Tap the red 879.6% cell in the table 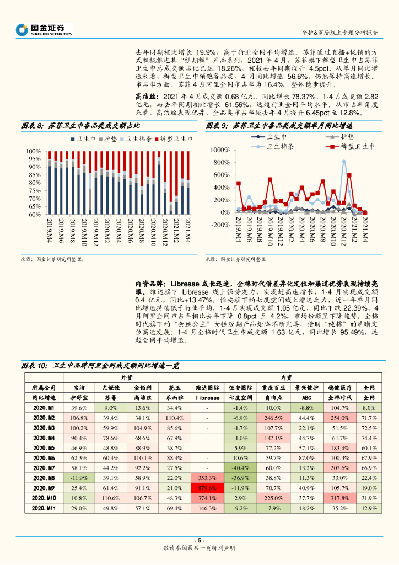point(207,488)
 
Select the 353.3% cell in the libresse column point(207,478)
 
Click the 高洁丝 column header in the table point(143,397)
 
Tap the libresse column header point(207,397)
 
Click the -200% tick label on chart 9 point(221,225)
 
